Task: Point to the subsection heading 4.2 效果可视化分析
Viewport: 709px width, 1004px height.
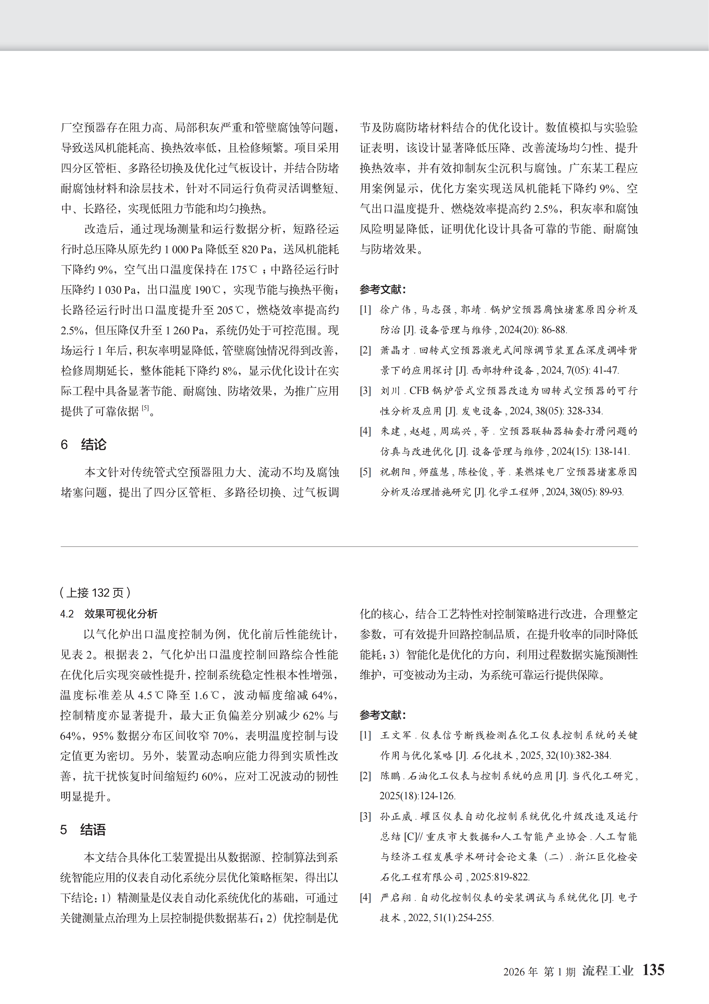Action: (109, 614)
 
